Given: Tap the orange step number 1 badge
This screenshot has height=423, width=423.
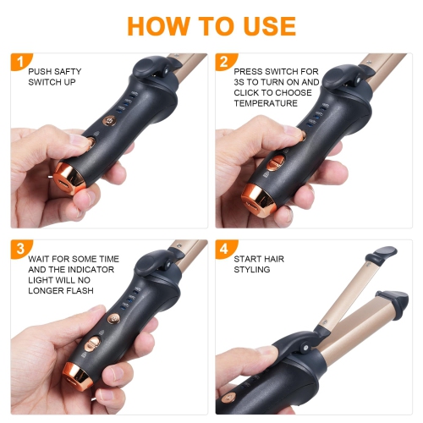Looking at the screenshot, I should [17, 61].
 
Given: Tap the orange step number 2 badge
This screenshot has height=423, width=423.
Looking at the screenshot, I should [223, 61].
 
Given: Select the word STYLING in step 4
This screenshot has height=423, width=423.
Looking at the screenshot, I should [252, 271].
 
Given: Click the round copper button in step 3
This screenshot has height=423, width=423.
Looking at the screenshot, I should [93, 342].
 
